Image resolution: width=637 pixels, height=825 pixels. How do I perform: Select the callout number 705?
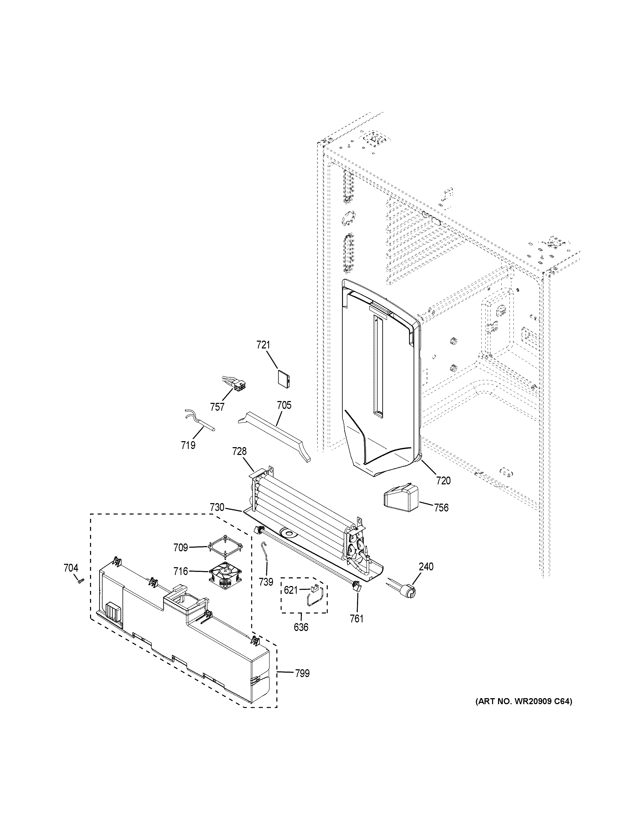coord(284,405)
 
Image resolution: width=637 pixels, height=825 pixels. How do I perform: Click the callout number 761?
coord(356,618)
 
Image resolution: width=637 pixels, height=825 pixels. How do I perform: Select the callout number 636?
coord(301,627)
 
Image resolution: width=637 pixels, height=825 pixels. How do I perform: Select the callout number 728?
coord(239,451)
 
